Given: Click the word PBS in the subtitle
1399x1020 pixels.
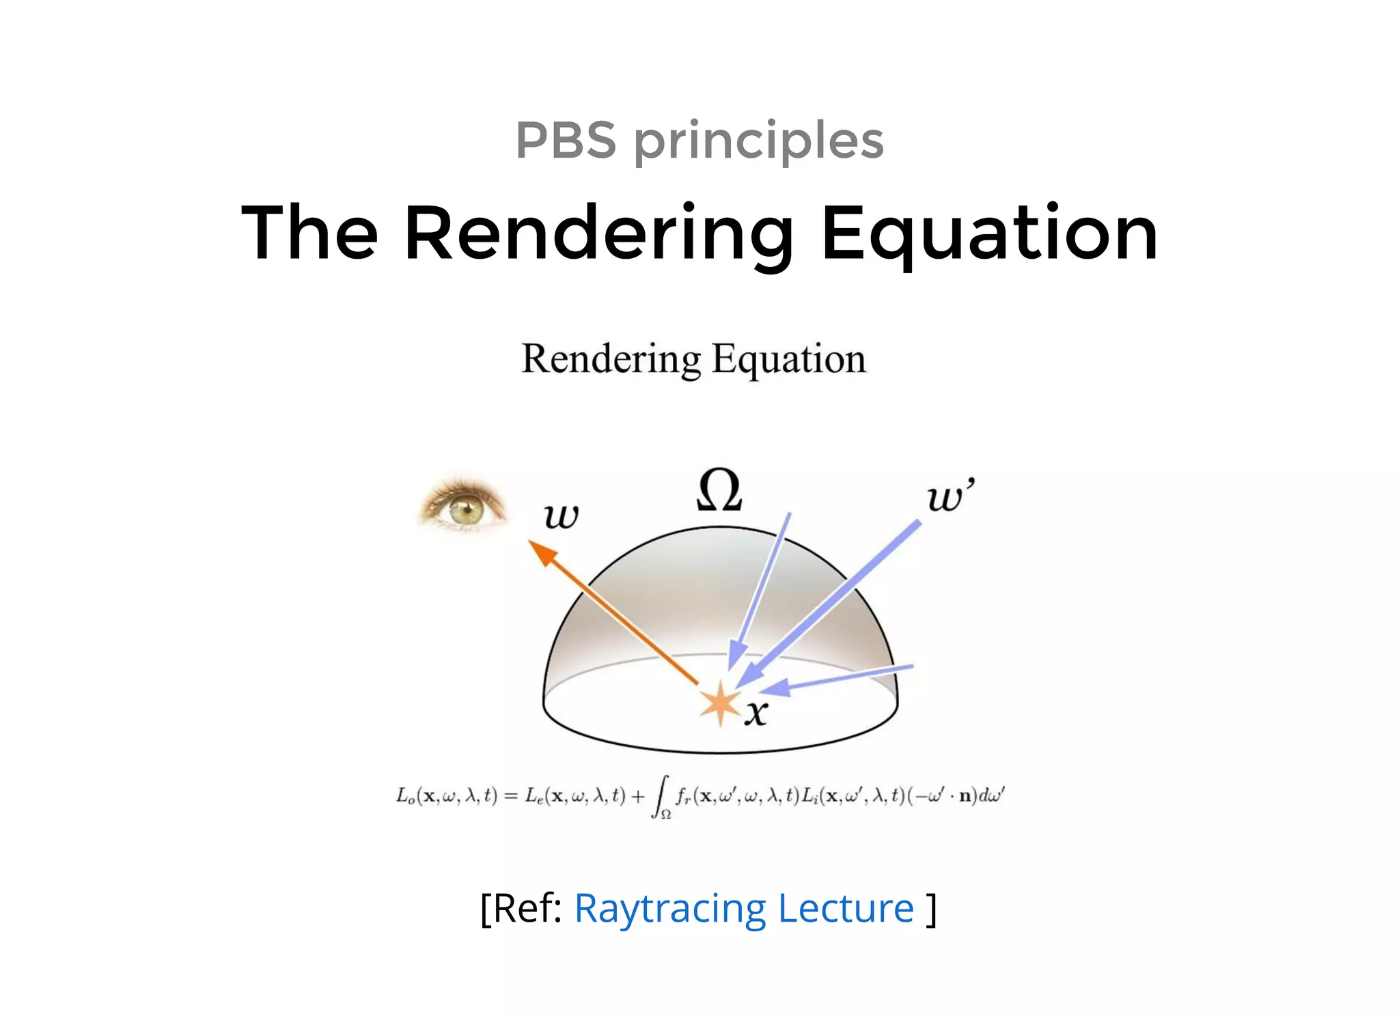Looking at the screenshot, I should [566, 141].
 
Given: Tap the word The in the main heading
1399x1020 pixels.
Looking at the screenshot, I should [309, 233].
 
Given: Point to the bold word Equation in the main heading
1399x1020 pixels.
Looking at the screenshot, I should [989, 234].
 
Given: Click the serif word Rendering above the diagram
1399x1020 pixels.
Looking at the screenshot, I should [611, 359].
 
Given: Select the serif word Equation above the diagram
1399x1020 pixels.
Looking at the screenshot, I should [788, 360].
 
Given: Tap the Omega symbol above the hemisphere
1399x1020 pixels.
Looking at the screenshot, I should [719, 491].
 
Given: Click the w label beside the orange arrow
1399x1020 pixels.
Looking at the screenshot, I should [562, 516].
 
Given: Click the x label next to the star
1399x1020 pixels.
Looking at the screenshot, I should [756, 713].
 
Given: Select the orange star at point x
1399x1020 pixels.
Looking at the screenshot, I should [720, 703].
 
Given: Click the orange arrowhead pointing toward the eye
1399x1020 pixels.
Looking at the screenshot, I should [543, 552].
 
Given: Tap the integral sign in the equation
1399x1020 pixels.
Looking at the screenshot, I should [659, 796].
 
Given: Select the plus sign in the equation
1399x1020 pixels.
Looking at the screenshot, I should [638, 796].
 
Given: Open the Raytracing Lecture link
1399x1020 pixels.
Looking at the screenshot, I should [743, 909].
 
